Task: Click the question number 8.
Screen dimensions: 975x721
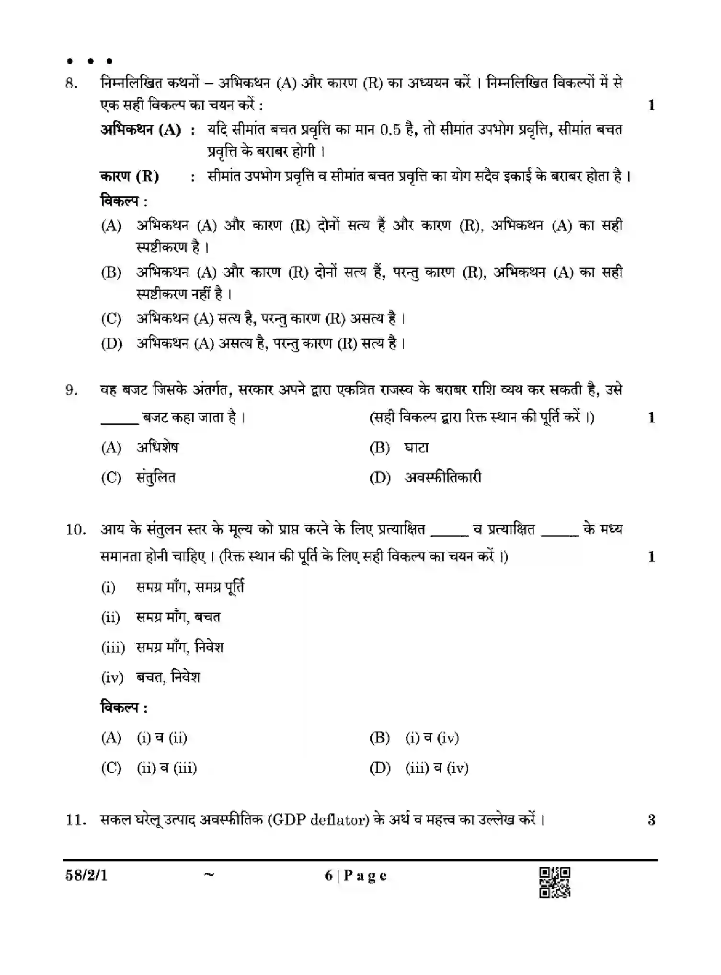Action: click(71, 84)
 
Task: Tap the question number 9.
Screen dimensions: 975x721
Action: click(71, 390)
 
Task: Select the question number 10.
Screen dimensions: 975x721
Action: click(76, 530)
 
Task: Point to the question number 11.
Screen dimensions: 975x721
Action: click(76, 820)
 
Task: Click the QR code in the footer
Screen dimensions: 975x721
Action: click(555, 882)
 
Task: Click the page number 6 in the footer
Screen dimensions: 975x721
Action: click(329, 876)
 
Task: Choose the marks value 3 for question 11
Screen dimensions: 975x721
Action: click(652, 820)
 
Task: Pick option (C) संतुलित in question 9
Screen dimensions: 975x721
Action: click(138, 477)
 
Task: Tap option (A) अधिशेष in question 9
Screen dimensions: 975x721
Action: click(139, 448)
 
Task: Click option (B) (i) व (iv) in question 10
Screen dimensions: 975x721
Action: click(414, 738)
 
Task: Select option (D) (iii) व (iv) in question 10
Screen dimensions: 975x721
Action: click(419, 768)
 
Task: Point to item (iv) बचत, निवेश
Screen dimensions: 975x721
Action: click(150, 677)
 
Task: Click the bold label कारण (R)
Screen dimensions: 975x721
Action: click(129, 176)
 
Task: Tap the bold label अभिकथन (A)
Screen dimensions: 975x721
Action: click(140, 130)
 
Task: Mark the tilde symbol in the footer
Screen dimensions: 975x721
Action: click(209, 875)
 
